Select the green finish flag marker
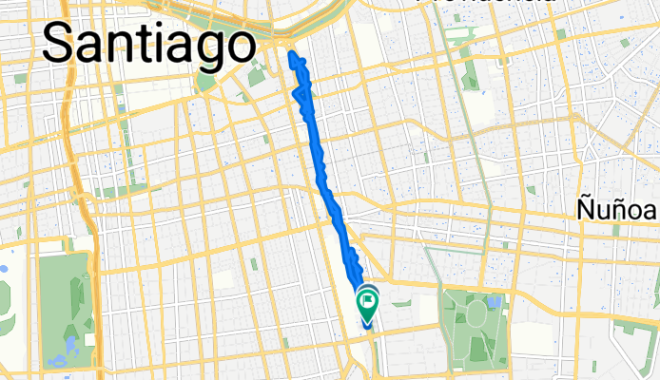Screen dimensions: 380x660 click(367, 302)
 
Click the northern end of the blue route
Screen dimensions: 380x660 click(291, 55)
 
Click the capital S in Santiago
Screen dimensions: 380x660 click(60, 43)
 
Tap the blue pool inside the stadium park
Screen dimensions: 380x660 click(493, 302)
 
